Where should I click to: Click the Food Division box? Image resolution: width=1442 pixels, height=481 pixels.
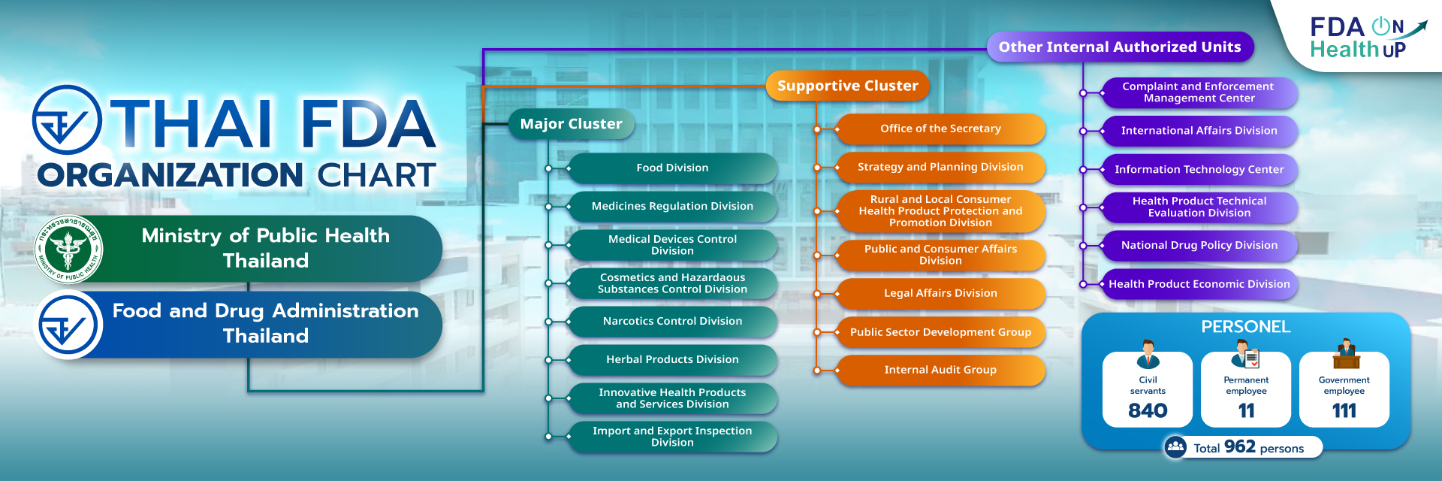click(672, 168)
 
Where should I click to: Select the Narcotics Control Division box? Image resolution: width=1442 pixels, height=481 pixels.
click(672, 321)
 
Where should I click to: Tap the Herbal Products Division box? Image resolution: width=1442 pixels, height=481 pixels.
click(672, 359)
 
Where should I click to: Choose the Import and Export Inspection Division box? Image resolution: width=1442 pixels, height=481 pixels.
click(672, 437)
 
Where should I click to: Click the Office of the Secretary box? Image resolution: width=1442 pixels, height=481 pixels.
click(940, 129)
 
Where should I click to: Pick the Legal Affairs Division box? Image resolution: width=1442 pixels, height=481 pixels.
click(940, 293)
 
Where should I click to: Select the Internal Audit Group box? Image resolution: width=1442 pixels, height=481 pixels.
click(940, 370)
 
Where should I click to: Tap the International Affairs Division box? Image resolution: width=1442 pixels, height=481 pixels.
click(1199, 131)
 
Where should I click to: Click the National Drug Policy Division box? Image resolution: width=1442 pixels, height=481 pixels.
click(1199, 245)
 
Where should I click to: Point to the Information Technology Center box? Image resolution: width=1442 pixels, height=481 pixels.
click(1199, 170)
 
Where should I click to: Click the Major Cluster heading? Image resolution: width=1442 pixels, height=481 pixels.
click(571, 124)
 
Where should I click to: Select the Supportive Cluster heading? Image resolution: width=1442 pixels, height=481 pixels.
click(847, 86)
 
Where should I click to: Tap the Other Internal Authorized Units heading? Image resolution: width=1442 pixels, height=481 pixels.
click(1119, 47)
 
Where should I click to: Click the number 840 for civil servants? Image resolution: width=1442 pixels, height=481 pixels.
click(1148, 410)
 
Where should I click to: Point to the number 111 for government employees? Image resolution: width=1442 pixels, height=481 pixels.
click(1344, 410)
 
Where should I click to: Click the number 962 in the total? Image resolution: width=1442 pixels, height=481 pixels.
click(1239, 446)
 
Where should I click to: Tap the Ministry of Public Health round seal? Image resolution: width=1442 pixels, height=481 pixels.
click(69, 249)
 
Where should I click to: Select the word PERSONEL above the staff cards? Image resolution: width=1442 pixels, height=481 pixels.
click(1245, 327)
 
